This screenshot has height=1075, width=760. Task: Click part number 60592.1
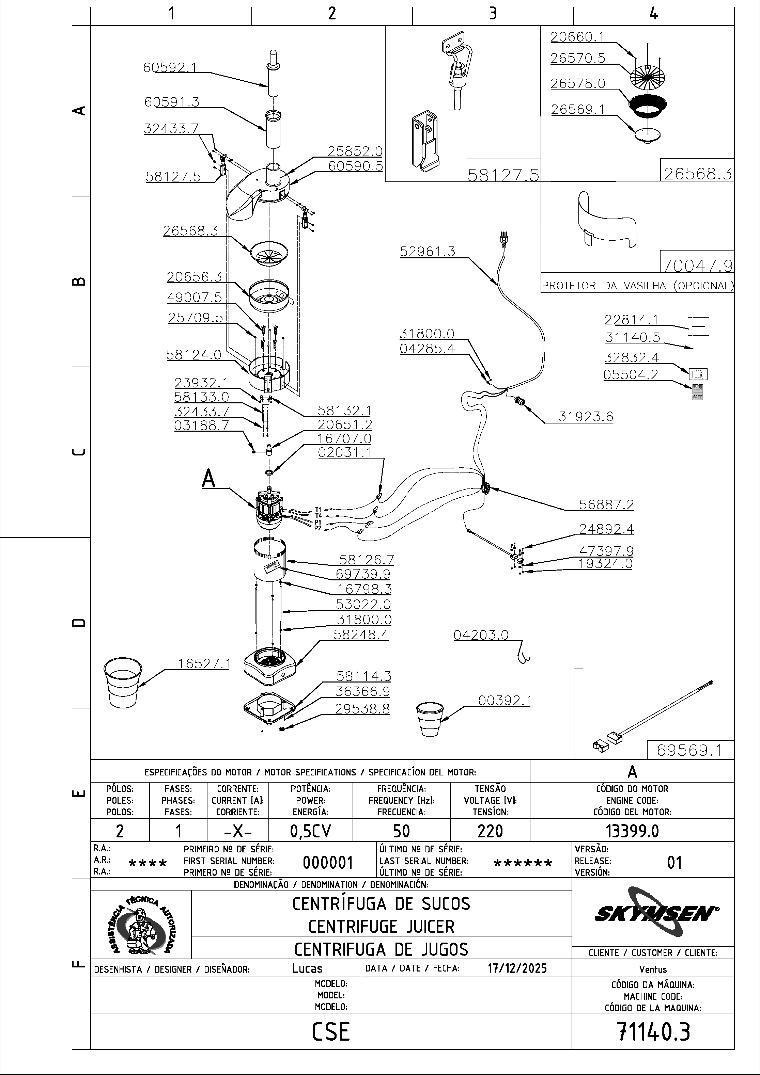point(169,67)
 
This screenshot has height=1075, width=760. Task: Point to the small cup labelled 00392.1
point(429,719)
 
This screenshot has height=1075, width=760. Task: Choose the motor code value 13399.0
point(632,831)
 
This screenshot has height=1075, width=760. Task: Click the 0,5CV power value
point(310,831)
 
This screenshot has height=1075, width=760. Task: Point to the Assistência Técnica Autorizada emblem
point(141,925)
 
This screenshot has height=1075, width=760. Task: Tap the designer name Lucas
point(307,968)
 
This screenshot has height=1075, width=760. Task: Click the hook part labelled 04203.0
point(523,656)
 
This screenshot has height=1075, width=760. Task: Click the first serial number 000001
point(327,862)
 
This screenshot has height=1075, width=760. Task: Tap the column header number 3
point(493,14)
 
